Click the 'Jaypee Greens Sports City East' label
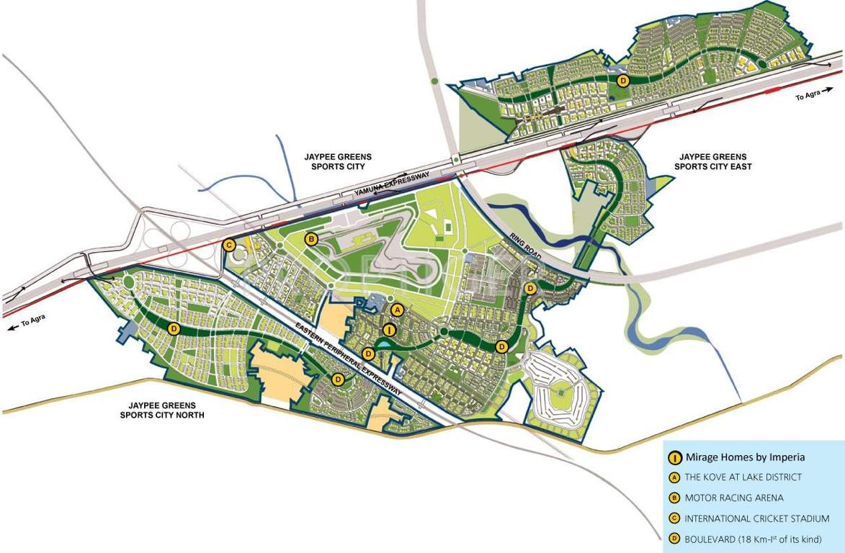pyautogui.click(x=712, y=161)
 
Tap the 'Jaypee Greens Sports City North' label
pyautogui.click(x=164, y=410)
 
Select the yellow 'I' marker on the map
pyautogui.click(x=389, y=331)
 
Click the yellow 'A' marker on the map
pyautogui.click(x=395, y=310)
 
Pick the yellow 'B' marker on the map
pyautogui.click(x=311, y=239)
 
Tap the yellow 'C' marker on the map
pyautogui.click(x=229, y=245)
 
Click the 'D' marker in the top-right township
pyautogui.click(x=623, y=80)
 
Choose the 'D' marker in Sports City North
pyautogui.click(x=174, y=328)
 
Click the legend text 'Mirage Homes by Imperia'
pyautogui.click(x=745, y=457)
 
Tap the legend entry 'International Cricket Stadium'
pyautogui.click(x=757, y=518)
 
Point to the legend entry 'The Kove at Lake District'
pyautogui.click(x=743, y=477)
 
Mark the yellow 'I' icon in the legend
pyautogui.click(x=675, y=457)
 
